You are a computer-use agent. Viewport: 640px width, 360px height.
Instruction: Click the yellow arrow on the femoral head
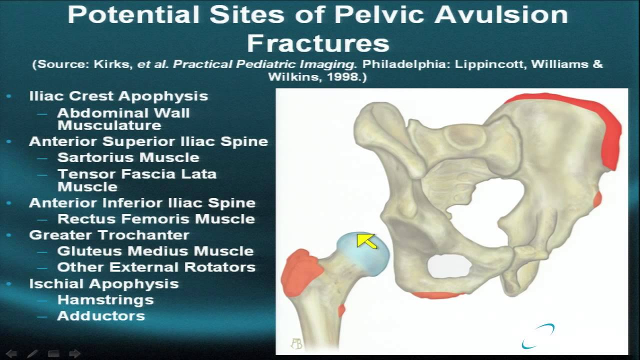(366, 241)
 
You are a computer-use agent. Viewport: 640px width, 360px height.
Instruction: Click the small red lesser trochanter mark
(341, 310)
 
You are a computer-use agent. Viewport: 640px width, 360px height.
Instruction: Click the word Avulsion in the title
(501, 15)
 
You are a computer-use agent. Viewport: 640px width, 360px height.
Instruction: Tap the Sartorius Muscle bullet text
(128, 157)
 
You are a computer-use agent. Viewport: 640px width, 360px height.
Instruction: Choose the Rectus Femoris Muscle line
(156, 219)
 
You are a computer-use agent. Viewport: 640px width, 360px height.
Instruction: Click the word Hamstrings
(105, 300)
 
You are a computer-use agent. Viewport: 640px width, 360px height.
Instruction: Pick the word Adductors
(101, 316)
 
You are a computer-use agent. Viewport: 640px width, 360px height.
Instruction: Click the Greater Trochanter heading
(109, 235)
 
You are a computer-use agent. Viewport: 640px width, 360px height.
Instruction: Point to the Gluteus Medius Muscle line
(155, 251)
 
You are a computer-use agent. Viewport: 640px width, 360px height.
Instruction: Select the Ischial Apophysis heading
(104, 283)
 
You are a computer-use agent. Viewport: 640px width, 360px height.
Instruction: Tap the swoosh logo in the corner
(538, 336)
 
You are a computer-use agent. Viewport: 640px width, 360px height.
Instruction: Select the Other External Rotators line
(156, 267)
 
